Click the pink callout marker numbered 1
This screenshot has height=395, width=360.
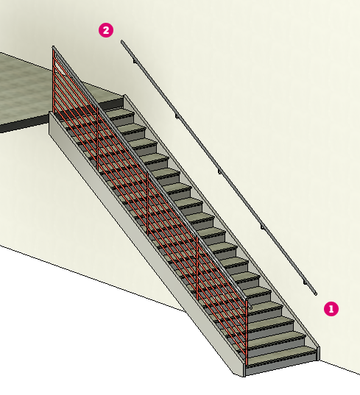pos(331,309)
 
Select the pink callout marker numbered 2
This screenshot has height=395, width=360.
pos(106,30)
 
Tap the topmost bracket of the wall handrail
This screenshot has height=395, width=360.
pos(135,61)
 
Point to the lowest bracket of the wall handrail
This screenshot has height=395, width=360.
pos(305,282)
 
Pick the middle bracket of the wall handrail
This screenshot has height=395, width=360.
pos(219,172)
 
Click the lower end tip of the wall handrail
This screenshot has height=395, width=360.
pos(316,293)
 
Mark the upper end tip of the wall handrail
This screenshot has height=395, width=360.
pos(122,41)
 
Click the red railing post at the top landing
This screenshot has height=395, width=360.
pos(54,81)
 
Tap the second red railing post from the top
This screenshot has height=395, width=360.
pos(98,138)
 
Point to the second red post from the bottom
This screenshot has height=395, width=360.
pos(197,268)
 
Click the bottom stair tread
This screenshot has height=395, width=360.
pos(282,352)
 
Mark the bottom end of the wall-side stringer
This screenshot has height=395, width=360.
pos(318,353)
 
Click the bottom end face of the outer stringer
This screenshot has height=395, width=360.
pos(244,370)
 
